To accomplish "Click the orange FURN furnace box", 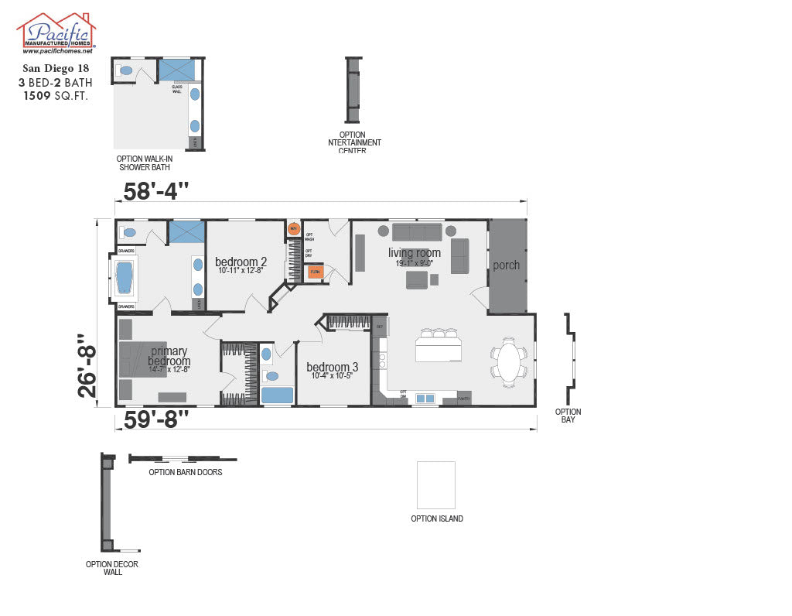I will (316, 272).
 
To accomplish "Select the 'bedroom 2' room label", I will (241, 262).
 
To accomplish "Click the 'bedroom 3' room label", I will (332, 367).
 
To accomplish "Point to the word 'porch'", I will (507, 265).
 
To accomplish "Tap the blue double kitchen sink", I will (425, 399).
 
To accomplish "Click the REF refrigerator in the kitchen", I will (380, 327).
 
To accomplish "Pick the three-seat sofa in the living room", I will (416, 231).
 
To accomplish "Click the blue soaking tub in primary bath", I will (125, 278).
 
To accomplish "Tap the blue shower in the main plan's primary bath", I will (186, 231).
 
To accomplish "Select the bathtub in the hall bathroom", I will (277, 395).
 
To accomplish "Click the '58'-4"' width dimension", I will (155, 190).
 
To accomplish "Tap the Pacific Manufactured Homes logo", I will (56, 33).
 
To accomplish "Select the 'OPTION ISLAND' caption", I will (437, 519).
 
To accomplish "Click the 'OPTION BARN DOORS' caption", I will (186, 472).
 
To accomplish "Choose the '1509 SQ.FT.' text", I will (56, 96).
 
